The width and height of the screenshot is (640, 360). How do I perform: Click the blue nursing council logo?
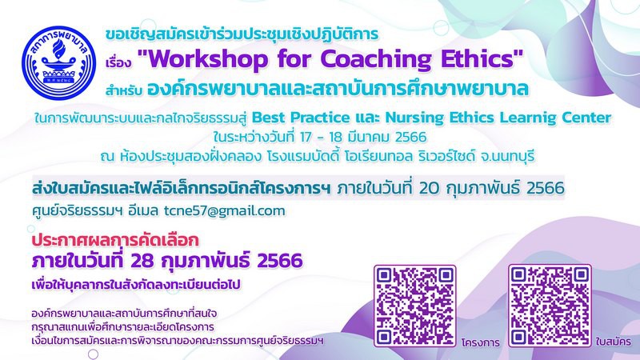(x=59, y=63)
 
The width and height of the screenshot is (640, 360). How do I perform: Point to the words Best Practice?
(x=301, y=118)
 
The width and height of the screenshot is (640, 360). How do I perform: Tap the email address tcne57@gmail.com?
(x=225, y=211)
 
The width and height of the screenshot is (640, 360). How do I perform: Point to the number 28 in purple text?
(x=142, y=262)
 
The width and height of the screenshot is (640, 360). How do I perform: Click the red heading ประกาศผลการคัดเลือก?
(x=115, y=240)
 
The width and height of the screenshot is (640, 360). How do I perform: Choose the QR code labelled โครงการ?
(x=414, y=306)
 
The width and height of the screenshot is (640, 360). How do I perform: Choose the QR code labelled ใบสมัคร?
(x=550, y=306)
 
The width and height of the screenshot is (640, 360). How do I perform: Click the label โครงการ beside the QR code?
(x=481, y=342)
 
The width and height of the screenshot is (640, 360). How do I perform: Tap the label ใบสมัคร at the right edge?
(x=613, y=342)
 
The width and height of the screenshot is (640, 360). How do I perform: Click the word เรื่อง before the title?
(x=118, y=63)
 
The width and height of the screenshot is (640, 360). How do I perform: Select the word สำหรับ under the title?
(x=124, y=90)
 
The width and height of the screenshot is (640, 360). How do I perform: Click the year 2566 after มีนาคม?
(x=411, y=137)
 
